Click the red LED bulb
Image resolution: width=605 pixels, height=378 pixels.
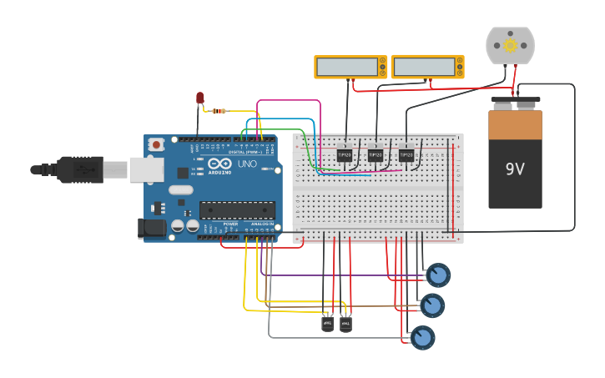[x=200, y=98]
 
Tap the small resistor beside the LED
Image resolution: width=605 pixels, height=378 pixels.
[x=219, y=111]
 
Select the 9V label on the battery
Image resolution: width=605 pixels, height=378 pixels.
[x=515, y=169]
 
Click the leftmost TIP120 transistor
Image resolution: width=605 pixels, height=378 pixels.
[x=345, y=154]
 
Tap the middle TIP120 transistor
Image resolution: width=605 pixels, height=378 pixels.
[x=376, y=154]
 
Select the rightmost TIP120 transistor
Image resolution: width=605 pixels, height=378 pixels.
[x=406, y=154]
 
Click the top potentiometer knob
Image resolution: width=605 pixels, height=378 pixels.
[x=438, y=275]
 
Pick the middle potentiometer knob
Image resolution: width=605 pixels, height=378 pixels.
[x=432, y=306]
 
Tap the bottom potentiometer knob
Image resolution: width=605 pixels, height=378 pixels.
[x=423, y=338]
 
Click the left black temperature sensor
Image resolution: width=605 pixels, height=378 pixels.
[x=327, y=322]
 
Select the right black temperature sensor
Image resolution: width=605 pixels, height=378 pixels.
[x=345, y=322]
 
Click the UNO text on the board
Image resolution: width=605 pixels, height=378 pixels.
[x=247, y=164]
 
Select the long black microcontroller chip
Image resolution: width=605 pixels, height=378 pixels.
[x=237, y=210]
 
